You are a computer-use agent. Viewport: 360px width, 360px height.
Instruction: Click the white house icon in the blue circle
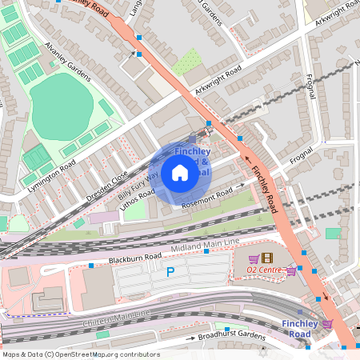180,173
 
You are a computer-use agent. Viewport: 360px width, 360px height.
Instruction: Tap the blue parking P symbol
170,272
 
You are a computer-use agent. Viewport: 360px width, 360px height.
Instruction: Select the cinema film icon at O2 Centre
266,258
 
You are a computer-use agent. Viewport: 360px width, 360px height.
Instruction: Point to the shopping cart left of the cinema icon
254,258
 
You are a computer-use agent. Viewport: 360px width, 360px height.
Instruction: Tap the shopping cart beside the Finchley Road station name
327,323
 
